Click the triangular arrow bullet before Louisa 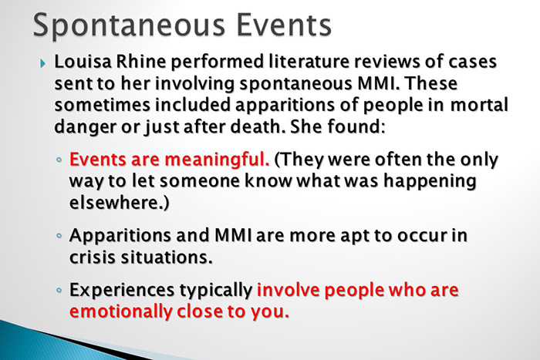pyautogui.click(x=43, y=63)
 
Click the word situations pyautogui.click(x=173, y=257)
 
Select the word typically pyautogui.click(x=215, y=293)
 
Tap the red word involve pyautogui.click(x=290, y=293)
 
